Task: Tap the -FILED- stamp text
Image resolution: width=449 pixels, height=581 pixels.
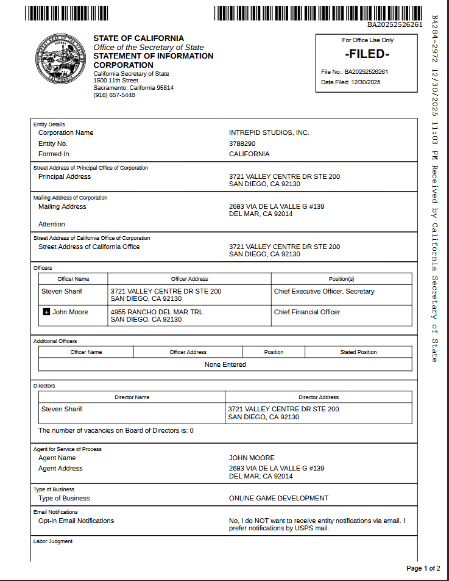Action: tap(366, 54)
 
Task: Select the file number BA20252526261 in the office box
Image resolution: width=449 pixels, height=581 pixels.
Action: tap(366, 72)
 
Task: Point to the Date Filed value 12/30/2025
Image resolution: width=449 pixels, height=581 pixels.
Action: tap(366, 82)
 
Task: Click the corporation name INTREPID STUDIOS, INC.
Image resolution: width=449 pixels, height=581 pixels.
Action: tap(269, 132)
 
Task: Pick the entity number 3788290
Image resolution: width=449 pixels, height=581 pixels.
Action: tap(242, 143)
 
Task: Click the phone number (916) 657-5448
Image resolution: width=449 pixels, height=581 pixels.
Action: tap(114, 95)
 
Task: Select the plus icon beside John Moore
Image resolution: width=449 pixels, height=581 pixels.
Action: tap(46, 312)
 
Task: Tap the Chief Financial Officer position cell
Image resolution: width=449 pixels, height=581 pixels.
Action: tap(307, 312)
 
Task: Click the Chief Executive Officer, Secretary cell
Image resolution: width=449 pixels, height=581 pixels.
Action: tap(324, 291)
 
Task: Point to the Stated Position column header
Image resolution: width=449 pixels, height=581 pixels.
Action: tap(358, 352)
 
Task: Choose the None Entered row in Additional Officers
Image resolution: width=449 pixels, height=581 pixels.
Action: tap(225, 364)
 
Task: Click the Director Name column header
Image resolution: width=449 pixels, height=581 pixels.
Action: tap(132, 397)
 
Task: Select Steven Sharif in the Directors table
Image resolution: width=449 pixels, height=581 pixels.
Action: tap(62, 409)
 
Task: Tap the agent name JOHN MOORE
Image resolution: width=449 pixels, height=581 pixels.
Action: tap(252, 458)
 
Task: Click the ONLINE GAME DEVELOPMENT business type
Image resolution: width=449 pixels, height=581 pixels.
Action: tap(278, 498)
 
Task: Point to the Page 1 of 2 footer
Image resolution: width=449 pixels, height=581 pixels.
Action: tap(423, 568)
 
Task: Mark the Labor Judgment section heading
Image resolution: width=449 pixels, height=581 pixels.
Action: tap(52, 541)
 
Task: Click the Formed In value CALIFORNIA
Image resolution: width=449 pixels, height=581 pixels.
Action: tap(249, 154)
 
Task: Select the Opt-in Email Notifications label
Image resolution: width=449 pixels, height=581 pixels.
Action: tap(76, 521)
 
